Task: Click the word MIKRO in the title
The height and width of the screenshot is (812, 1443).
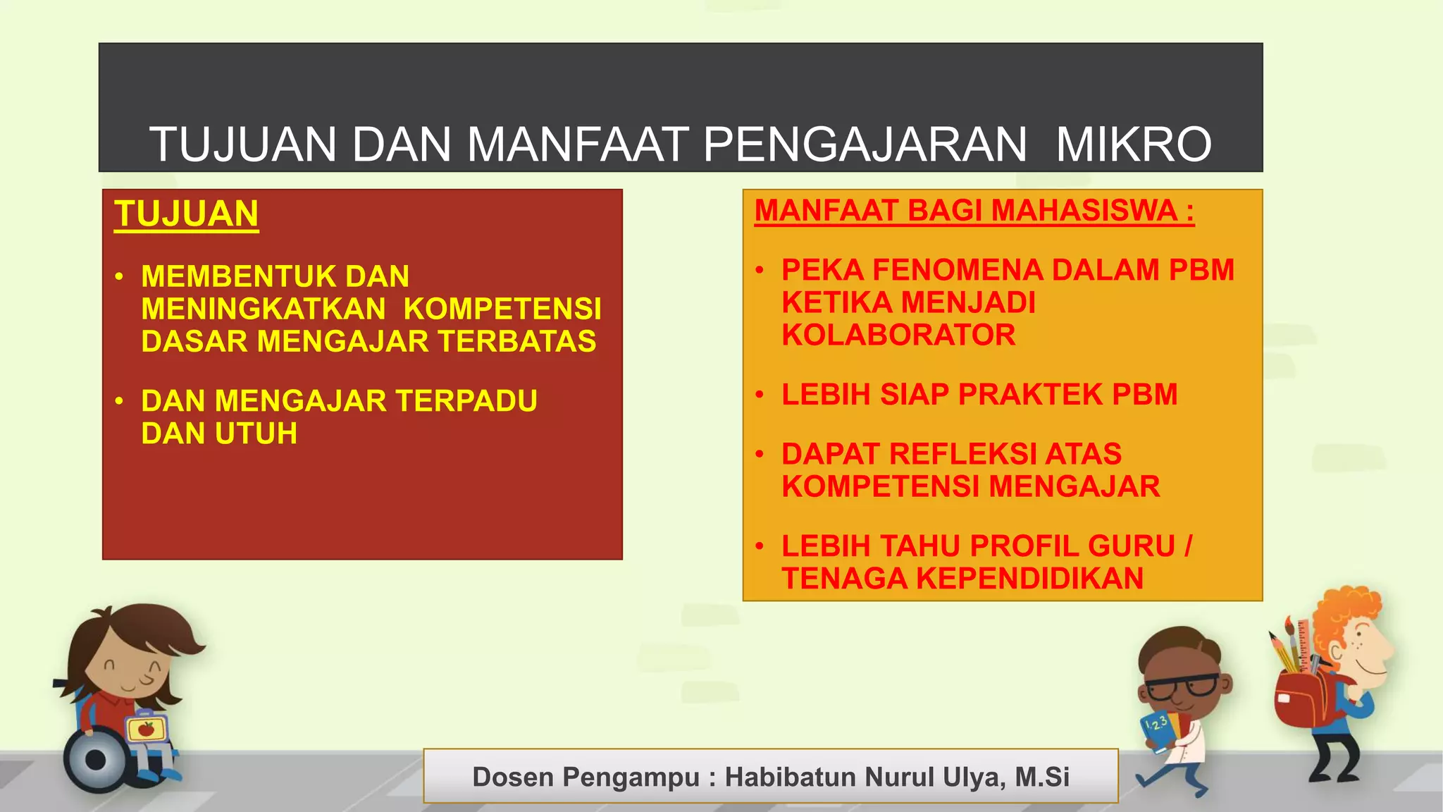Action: click(x=1133, y=144)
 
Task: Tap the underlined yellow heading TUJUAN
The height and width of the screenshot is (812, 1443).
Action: click(x=187, y=214)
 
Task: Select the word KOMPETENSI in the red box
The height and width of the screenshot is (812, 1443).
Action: click(x=502, y=309)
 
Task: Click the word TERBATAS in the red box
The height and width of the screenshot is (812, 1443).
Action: click(x=516, y=341)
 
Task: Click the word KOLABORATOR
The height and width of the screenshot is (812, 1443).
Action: click(x=898, y=335)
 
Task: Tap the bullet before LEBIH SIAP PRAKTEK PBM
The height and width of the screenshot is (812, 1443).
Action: click(x=760, y=395)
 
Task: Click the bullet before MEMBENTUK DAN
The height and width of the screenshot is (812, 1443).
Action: click(x=119, y=276)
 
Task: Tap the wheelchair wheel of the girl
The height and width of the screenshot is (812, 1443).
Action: click(x=95, y=760)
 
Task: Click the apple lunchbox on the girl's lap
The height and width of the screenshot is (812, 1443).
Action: click(x=146, y=728)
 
